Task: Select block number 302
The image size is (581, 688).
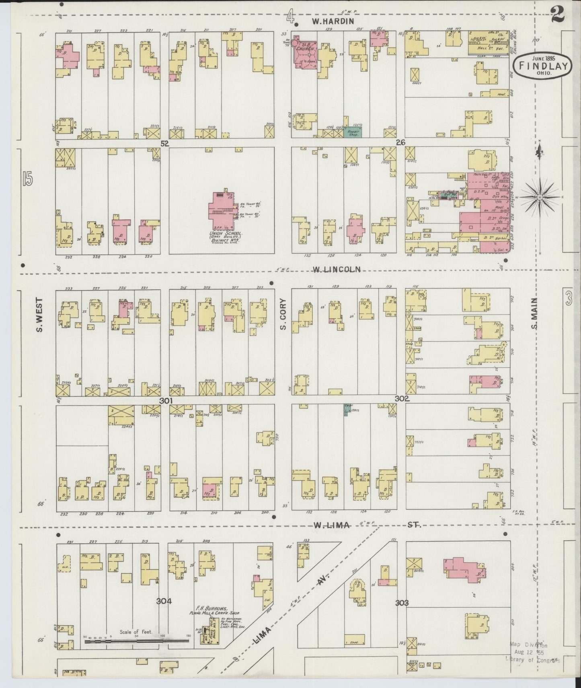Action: click(402, 399)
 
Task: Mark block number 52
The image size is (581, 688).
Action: click(164, 143)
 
